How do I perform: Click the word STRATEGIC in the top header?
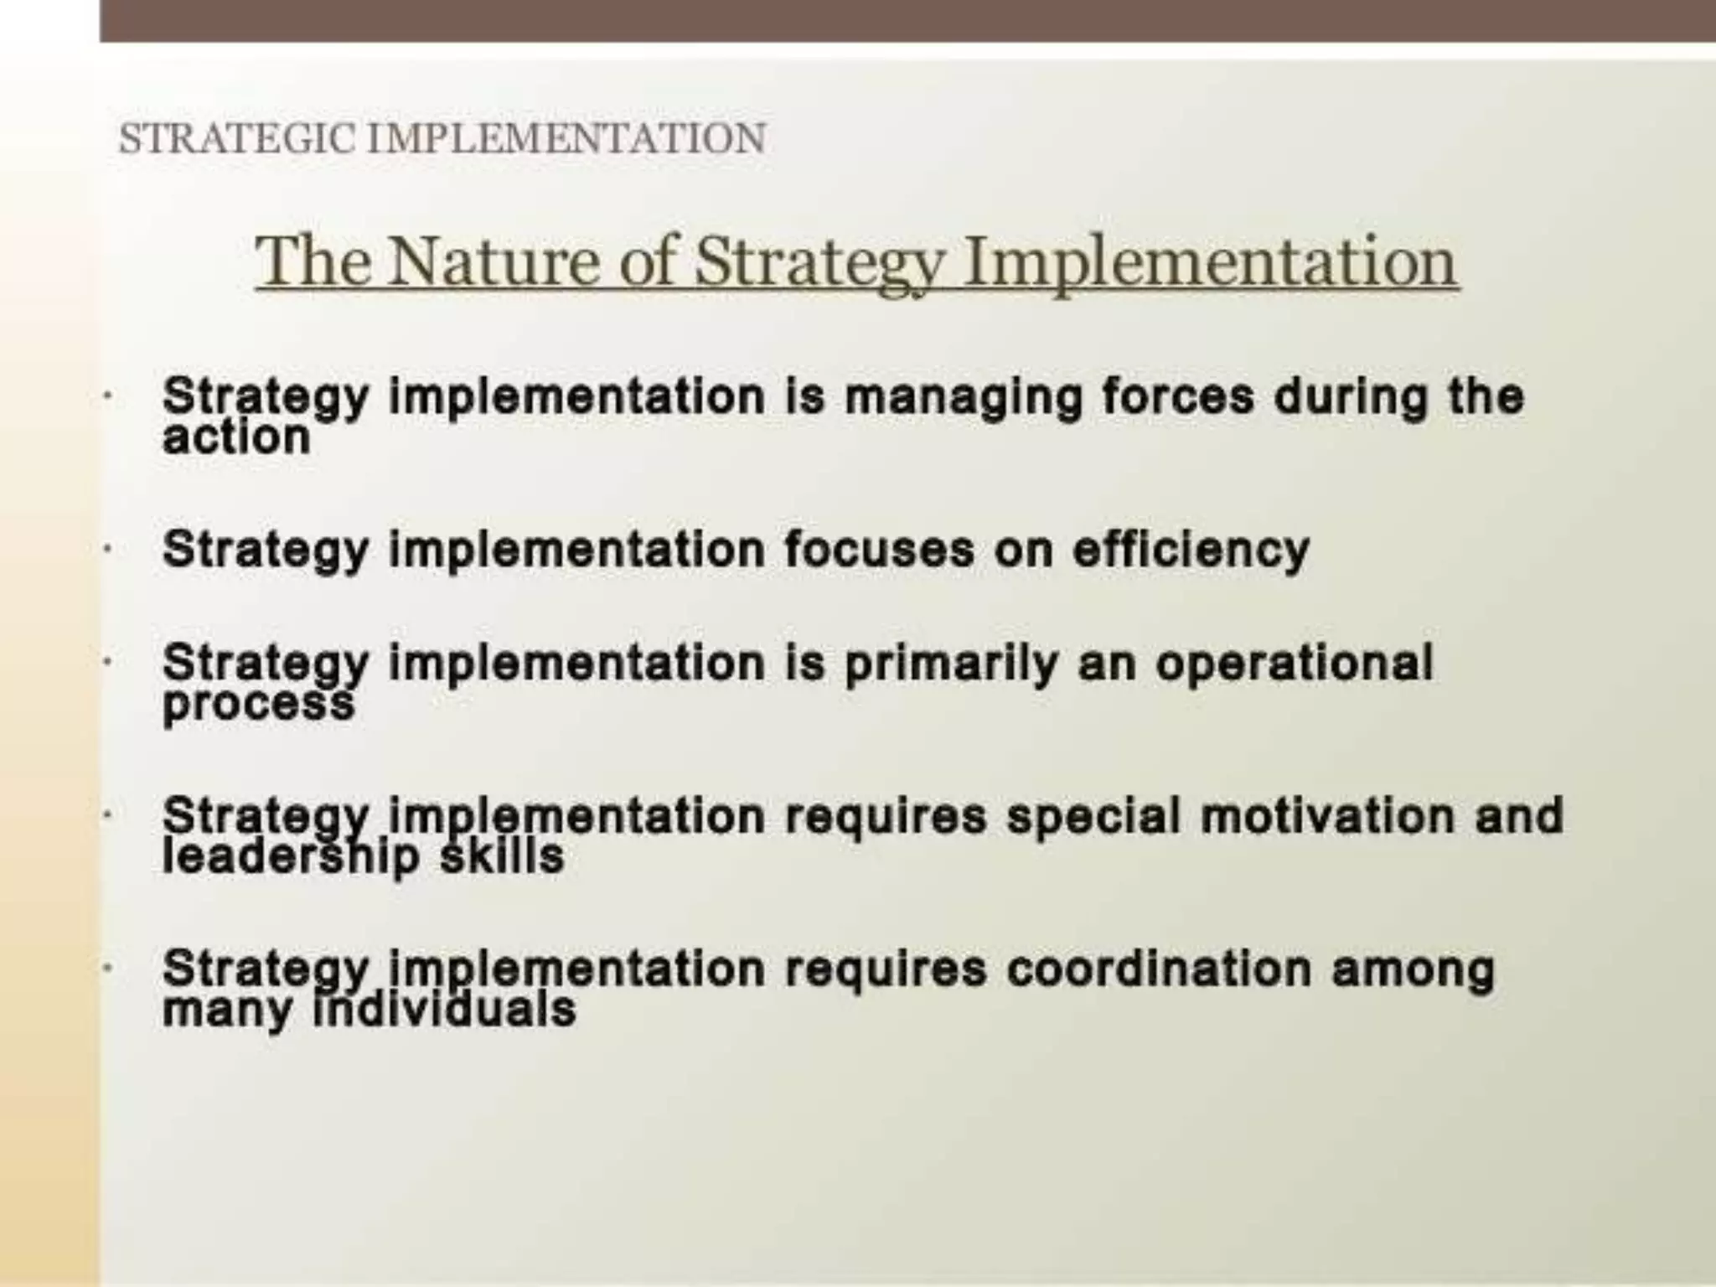tap(239, 139)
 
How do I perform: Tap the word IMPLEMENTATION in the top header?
tap(566, 139)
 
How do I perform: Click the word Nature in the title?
tap(494, 261)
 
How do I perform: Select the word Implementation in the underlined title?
tap(1210, 261)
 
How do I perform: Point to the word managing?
tap(964, 397)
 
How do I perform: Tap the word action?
tap(236, 437)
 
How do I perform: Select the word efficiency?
tap(1191, 550)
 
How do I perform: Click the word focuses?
tap(879, 550)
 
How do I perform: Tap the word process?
tap(258, 704)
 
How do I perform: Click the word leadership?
tap(290, 856)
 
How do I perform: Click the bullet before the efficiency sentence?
tap(107, 550)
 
